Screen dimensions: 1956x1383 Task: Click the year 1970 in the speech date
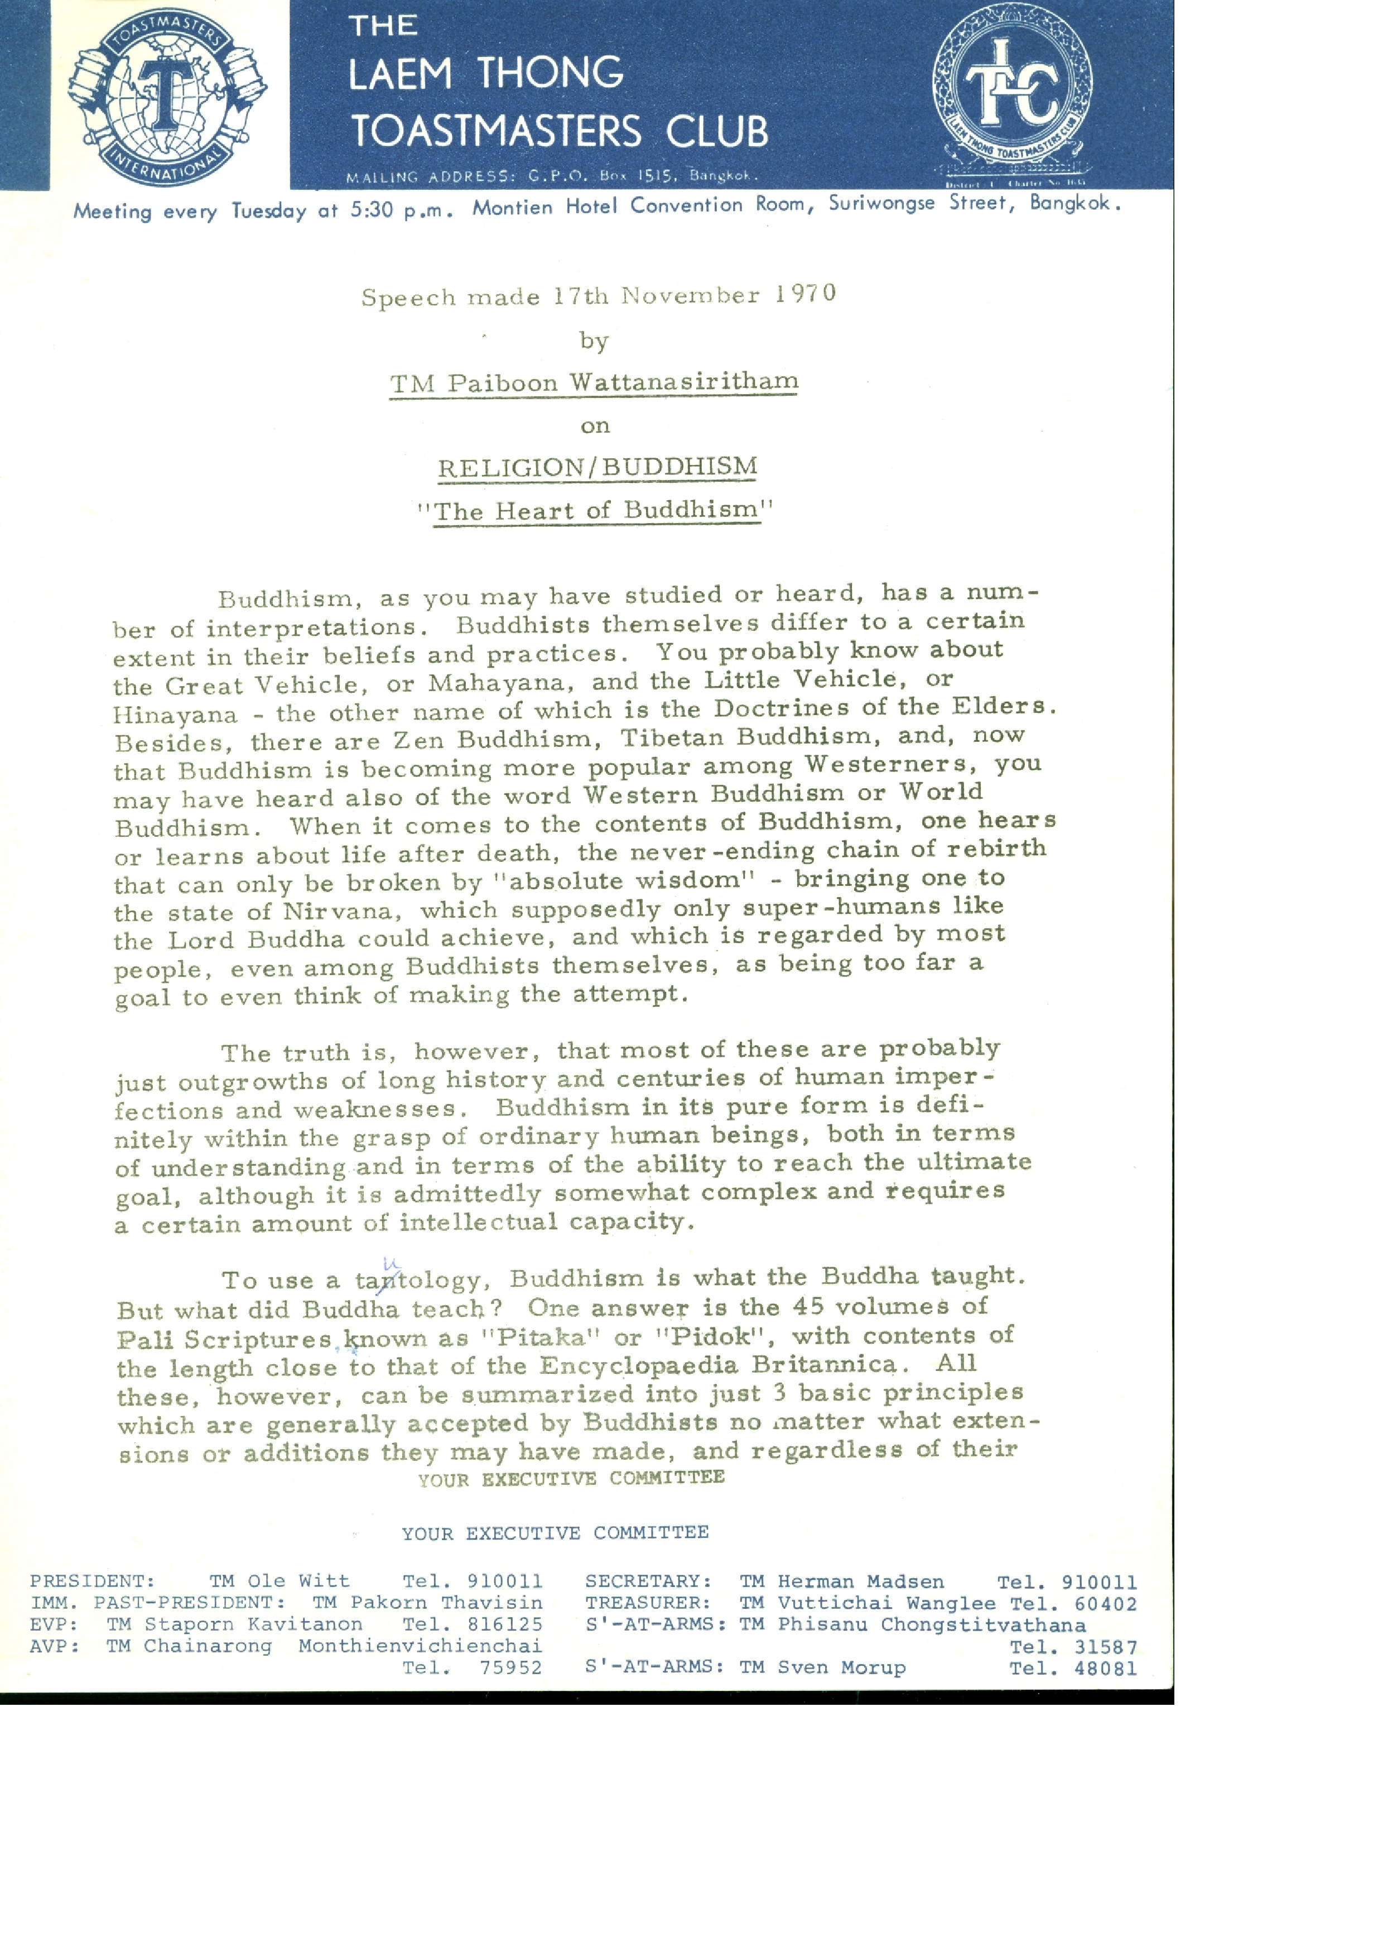(805, 294)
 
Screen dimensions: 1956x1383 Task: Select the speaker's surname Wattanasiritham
(684, 382)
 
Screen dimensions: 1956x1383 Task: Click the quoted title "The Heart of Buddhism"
(596, 510)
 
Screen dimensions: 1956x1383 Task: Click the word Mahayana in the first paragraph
(495, 683)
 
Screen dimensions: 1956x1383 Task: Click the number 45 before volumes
(809, 1306)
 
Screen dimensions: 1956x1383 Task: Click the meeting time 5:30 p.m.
(400, 209)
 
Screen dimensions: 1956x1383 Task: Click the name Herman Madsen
(860, 1582)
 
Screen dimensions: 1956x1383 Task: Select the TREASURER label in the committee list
(647, 1603)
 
